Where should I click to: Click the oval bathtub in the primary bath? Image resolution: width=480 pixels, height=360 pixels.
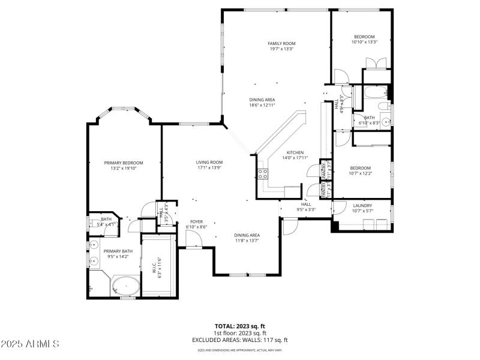coord(125,286)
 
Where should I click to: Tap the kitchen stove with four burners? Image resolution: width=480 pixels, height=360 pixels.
coord(263,174)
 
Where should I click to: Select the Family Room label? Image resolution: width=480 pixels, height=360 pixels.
coord(281,43)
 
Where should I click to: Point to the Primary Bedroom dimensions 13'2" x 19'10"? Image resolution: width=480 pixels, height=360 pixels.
coord(124,169)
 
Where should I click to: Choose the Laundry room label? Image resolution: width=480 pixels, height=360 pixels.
coord(362,205)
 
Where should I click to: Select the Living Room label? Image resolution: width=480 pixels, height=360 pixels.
coord(209,162)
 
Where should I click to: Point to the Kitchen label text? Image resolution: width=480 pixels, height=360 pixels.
coord(295,152)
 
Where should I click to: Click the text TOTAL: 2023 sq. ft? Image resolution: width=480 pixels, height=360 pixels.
coord(239,326)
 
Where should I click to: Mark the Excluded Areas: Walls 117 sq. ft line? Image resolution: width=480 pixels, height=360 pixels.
coord(239,340)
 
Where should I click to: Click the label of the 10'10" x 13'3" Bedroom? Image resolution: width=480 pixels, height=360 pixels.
coord(364,37)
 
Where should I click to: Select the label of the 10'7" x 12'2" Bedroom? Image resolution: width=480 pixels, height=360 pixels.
coord(361,168)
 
